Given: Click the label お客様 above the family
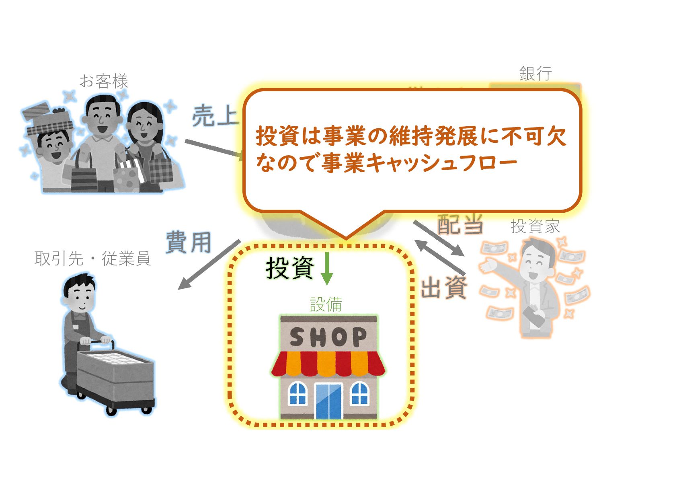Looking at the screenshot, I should tap(104, 81).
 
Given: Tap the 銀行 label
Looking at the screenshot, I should tap(535, 74).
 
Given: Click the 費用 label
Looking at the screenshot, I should tap(189, 242).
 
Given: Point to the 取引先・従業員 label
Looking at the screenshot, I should tap(92, 259).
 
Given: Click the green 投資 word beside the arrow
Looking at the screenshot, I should tap(289, 268).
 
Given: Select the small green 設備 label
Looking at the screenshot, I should tap(326, 304).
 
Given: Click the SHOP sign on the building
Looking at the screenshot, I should tap(328, 337).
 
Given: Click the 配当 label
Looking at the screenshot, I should tap(460, 224).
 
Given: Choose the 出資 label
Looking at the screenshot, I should tap(444, 287).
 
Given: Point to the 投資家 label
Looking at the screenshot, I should tap(535, 226).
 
